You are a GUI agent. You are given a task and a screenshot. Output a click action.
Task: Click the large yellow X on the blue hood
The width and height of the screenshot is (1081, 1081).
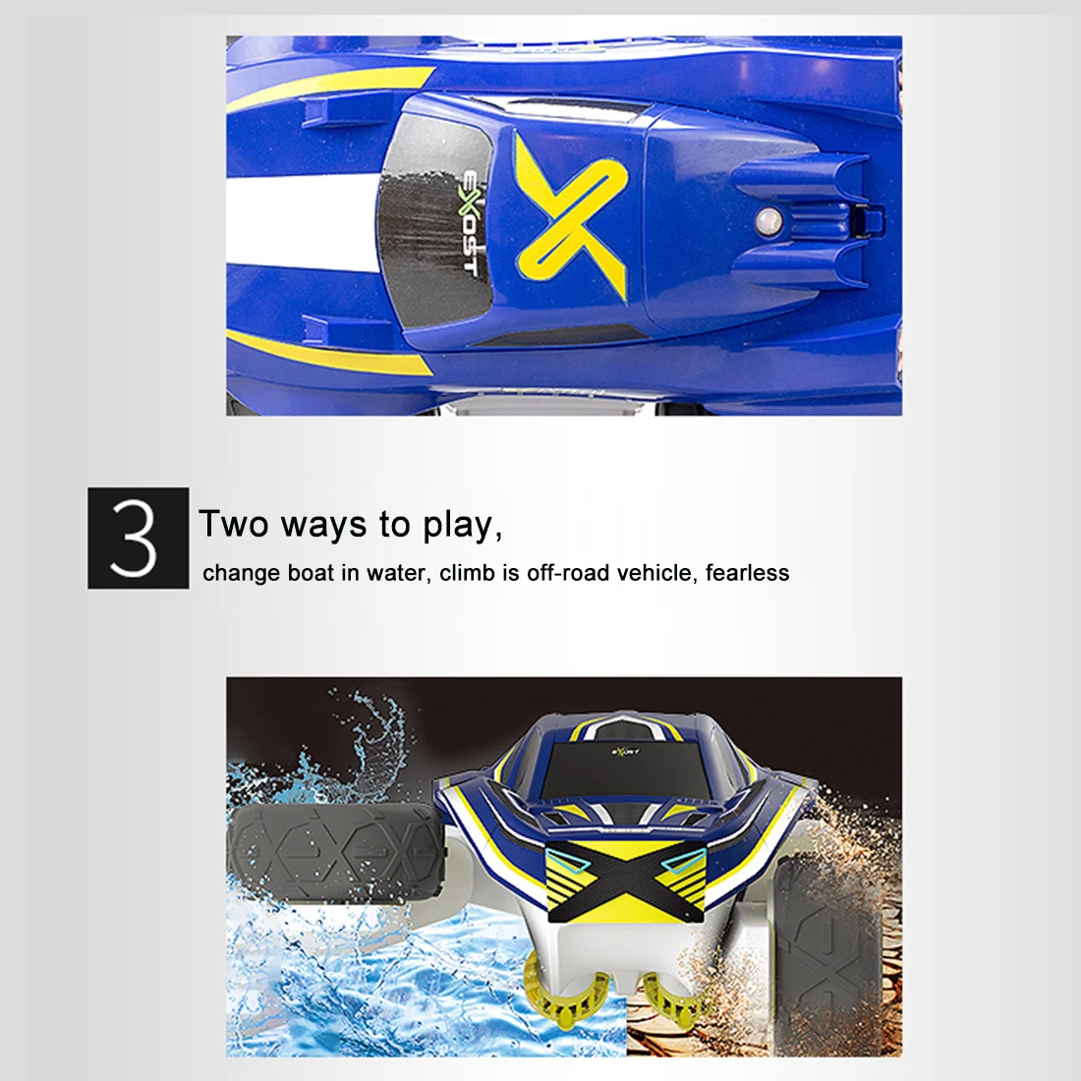click(x=572, y=215)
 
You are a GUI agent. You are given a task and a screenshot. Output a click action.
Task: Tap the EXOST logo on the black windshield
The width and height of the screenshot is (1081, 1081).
click(x=470, y=222)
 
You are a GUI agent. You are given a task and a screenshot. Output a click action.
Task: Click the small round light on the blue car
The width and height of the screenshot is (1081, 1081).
click(x=768, y=221)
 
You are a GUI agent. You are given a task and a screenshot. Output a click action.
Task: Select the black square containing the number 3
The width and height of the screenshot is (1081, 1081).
click(x=138, y=538)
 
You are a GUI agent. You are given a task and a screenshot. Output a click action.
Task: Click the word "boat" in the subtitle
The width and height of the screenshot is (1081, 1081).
click(x=311, y=572)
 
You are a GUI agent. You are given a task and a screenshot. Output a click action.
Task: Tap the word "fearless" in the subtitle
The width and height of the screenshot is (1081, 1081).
click(x=747, y=572)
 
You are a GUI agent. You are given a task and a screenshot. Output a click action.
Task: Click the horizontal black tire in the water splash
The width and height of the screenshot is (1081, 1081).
click(x=336, y=852)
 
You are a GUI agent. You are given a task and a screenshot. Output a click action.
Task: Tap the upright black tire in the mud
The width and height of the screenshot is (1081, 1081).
click(x=830, y=962)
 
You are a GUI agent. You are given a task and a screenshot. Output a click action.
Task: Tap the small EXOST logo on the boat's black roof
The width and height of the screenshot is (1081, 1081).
click(x=625, y=751)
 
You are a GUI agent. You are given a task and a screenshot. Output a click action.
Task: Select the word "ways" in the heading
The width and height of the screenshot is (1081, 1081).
click(x=324, y=526)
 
